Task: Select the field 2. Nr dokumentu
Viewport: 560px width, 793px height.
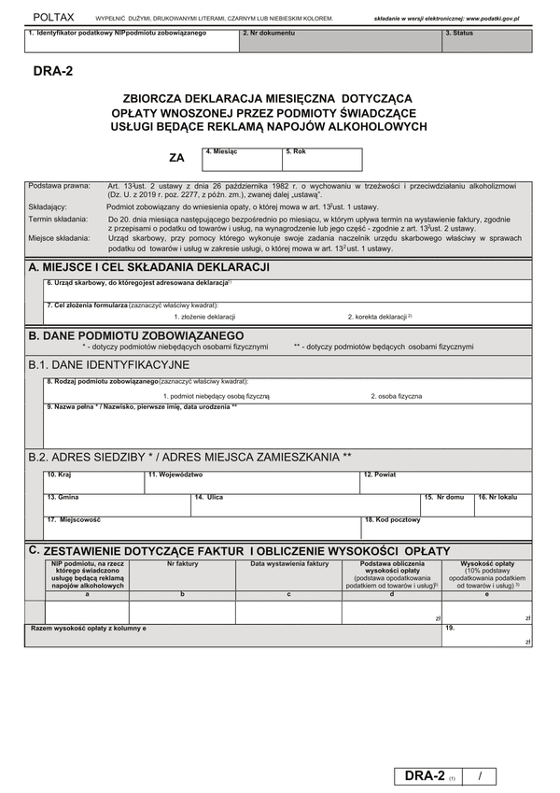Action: point(340,42)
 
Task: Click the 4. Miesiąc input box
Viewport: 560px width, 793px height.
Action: point(243,161)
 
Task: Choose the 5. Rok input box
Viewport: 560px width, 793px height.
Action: point(322,161)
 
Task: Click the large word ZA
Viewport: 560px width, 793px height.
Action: point(176,159)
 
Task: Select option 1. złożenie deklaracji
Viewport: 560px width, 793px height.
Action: point(204,317)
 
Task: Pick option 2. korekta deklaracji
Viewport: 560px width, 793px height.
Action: point(379,317)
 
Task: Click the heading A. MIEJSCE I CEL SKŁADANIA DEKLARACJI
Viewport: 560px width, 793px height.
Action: point(149,267)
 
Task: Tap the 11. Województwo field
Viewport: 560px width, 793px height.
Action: point(252,483)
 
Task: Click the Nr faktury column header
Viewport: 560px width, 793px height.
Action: point(183,563)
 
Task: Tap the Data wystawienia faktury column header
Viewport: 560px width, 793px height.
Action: point(289,563)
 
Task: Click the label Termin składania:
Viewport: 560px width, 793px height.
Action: point(59,219)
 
